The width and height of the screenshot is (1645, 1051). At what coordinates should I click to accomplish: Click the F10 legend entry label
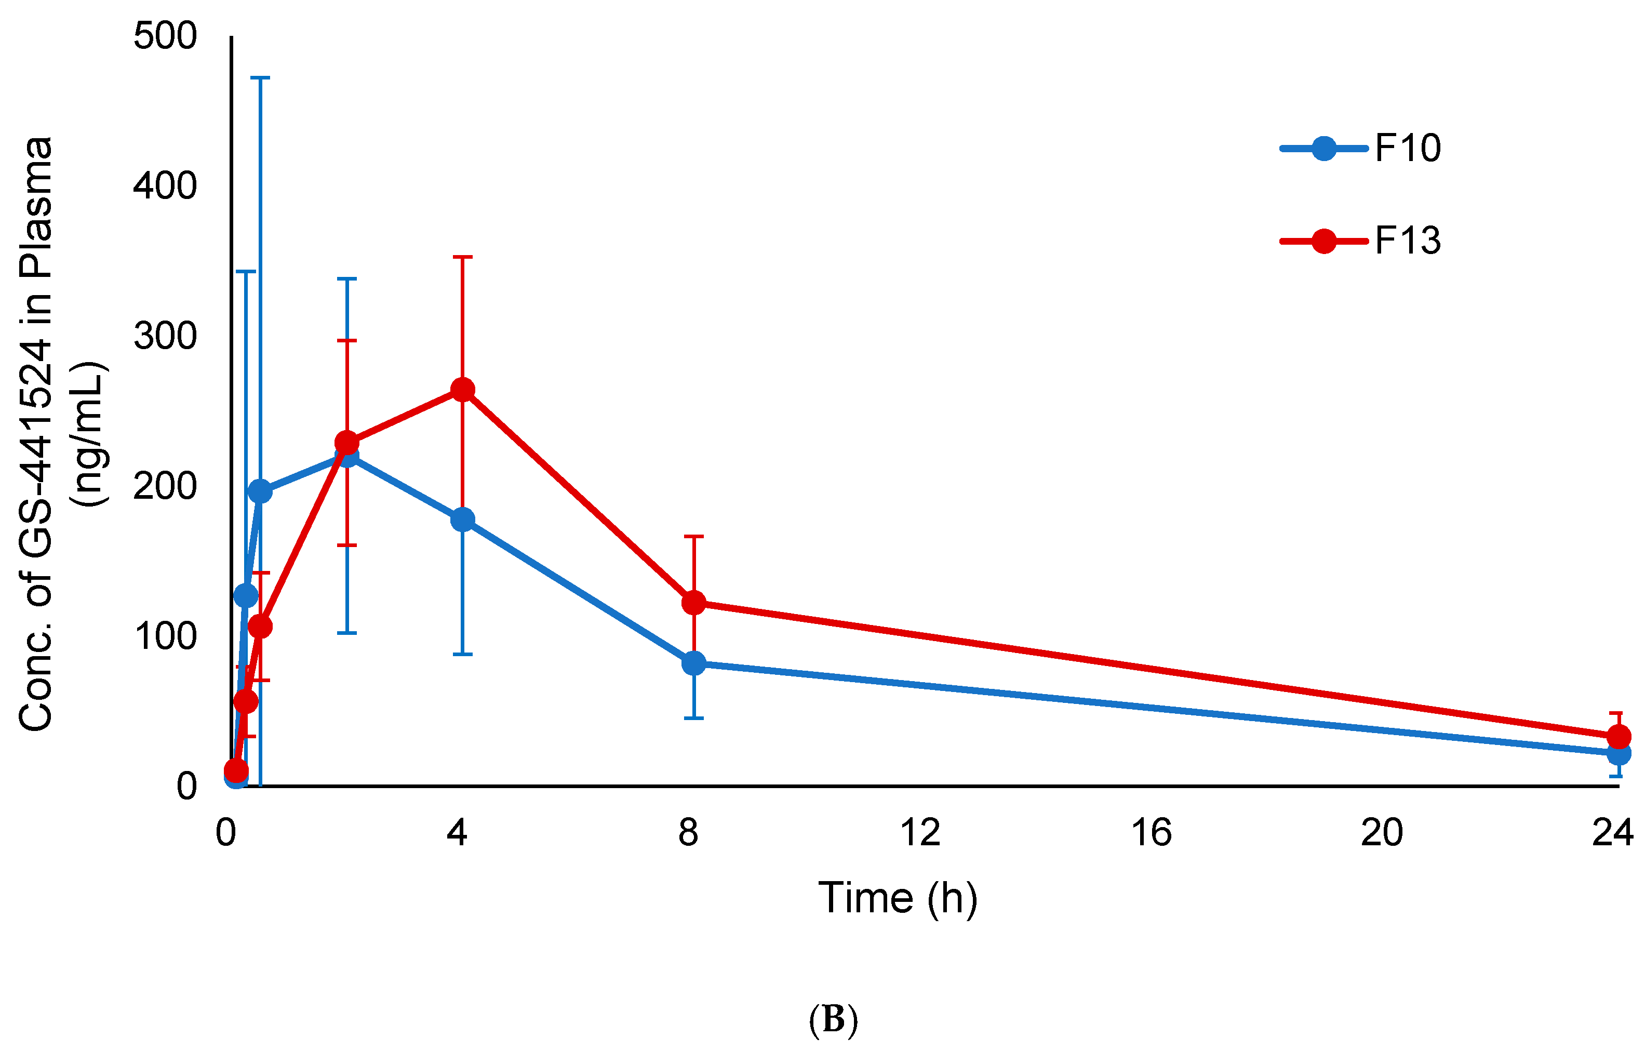coord(1407,148)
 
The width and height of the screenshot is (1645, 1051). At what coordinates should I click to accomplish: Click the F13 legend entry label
coord(1407,241)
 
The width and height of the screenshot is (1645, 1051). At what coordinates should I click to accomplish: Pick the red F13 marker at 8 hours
coord(693,603)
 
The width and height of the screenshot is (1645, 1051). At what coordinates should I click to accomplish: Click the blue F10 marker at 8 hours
coord(693,663)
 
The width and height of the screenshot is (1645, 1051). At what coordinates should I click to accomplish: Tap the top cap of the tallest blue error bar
coord(260,78)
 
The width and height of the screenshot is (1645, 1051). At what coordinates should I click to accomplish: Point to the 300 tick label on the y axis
coord(165,336)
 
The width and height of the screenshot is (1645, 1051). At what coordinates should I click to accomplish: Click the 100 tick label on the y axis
coord(165,636)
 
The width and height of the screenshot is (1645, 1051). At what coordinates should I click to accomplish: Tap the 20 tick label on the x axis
coord(1381,833)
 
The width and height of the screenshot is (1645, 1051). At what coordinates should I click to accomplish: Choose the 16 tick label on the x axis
coord(1151,833)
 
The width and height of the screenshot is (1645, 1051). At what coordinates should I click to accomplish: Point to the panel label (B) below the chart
coord(833,1019)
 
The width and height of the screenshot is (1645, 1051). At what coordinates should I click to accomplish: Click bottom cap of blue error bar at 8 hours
coord(693,718)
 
